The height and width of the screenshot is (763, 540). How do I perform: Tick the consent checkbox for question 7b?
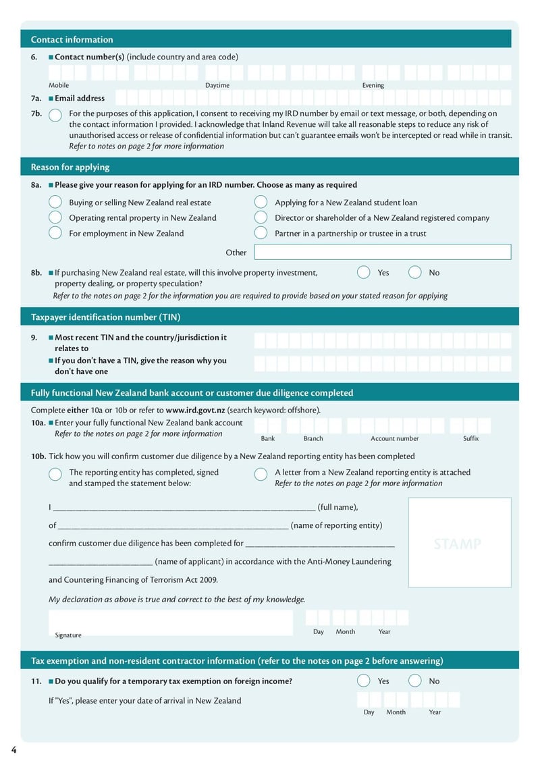pos(55,114)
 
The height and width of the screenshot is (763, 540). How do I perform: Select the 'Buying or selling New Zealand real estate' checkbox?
pos(55,202)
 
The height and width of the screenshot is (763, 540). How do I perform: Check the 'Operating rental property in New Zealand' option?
pos(55,217)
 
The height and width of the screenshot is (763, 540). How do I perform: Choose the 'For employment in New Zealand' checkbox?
pos(55,233)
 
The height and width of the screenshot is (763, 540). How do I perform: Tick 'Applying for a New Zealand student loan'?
pos(261,202)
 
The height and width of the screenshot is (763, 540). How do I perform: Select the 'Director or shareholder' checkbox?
pos(261,217)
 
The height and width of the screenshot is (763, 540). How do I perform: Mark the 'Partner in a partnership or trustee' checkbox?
pos(261,233)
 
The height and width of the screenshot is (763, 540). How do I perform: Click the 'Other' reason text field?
pos(382,252)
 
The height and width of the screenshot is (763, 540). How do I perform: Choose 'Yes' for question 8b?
pos(363,272)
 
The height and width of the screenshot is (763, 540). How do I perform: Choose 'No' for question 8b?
pos(415,272)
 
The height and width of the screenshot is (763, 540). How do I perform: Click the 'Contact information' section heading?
pos(72,40)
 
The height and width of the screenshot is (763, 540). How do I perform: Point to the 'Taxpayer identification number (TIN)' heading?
pos(105,317)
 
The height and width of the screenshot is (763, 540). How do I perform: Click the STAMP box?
pos(459,543)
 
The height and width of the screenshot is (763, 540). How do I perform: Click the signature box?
pos(170,623)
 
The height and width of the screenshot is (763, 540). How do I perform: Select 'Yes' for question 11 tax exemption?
pos(363,681)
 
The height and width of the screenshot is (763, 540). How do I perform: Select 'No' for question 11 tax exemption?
pos(415,681)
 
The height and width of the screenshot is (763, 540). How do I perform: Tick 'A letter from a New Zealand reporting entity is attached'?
pos(261,474)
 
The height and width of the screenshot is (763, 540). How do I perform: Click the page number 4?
pos(13,750)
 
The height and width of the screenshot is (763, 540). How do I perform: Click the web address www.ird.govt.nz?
pos(195,410)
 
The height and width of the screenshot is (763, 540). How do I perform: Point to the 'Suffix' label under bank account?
pos(470,438)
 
